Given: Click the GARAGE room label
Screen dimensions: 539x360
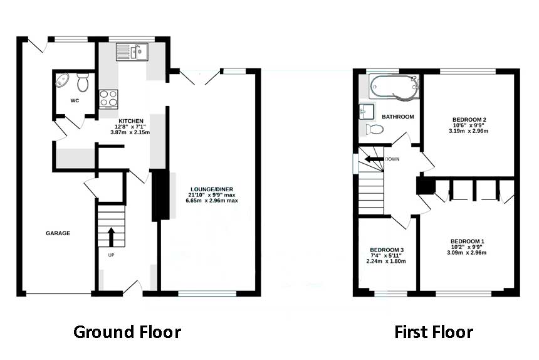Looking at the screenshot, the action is point(58,233).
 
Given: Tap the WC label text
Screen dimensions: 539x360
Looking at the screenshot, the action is point(75,100).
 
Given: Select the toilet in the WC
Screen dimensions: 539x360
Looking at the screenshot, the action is point(83,82).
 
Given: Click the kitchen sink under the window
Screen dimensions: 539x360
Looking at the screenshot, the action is point(132,51).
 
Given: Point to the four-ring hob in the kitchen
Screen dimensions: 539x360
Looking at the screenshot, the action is point(108,98).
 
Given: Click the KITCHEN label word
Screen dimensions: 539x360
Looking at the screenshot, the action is point(131,121).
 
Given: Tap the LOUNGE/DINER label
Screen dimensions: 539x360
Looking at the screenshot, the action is point(212,189).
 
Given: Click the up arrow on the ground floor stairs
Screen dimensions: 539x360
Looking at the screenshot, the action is point(111,236).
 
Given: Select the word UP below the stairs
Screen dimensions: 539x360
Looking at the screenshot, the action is point(111,255).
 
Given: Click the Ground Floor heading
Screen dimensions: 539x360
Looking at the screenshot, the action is point(127,332).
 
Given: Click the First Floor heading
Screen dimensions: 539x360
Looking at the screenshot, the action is point(434,332).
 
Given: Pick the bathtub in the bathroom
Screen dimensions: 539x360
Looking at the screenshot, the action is point(395,87).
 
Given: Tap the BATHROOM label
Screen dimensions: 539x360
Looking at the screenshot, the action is point(398,117).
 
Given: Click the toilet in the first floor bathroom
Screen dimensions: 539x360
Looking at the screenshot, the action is point(375,130).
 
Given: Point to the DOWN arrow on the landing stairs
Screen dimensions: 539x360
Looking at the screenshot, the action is point(374,159).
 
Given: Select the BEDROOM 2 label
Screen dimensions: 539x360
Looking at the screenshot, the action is point(469,120).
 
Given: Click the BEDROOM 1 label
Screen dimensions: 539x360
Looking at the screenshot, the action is point(467,241).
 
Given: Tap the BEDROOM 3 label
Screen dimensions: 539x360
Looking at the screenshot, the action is point(387,250).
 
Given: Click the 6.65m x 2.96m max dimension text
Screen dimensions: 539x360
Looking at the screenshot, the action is point(212,201).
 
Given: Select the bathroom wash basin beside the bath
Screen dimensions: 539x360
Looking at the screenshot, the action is point(367,112).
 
